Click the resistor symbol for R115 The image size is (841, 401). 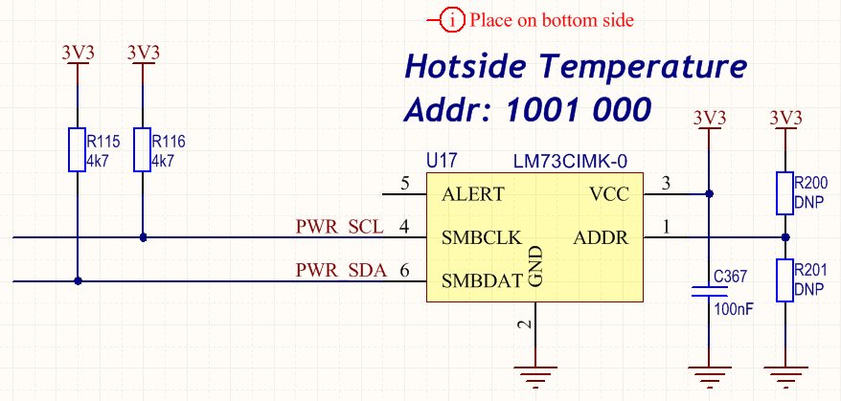click(x=78, y=149)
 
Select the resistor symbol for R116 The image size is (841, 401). click(x=142, y=149)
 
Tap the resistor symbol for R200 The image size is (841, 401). click(x=785, y=193)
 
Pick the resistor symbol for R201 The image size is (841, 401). click(x=785, y=279)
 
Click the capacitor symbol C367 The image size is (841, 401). click(x=709, y=291)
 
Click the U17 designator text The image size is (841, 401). click(x=443, y=160)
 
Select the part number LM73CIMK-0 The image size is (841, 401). click(x=570, y=160)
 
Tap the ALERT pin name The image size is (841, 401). click(x=473, y=194)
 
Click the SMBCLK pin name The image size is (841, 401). click(x=482, y=237)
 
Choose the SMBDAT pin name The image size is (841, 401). click(x=482, y=280)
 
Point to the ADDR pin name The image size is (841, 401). click(x=601, y=237)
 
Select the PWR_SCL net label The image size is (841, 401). click(x=339, y=228)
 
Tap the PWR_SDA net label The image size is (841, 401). click(x=341, y=271)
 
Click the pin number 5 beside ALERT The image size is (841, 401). click(x=406, y=184)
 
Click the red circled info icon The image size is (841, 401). click(x=453, y=21)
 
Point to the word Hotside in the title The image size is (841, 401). click(x=466, y=66)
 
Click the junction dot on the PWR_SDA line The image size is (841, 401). click(x=78, y=280)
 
